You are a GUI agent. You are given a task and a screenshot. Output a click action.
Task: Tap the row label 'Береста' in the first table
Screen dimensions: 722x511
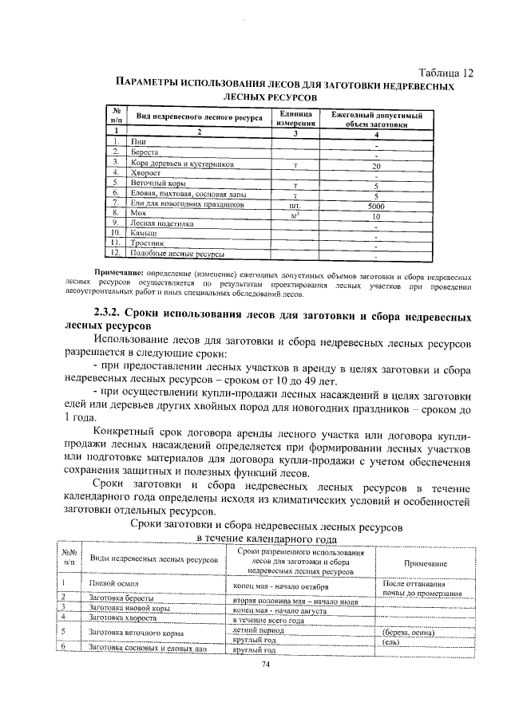pos(146,152)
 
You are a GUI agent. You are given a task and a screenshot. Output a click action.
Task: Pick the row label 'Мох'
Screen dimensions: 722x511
pos(140,214)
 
